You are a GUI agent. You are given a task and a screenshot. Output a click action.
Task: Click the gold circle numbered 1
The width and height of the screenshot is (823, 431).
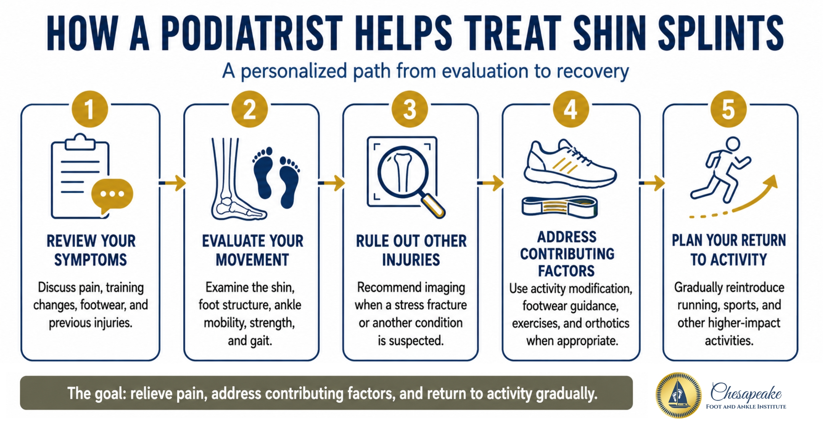pos(90,109)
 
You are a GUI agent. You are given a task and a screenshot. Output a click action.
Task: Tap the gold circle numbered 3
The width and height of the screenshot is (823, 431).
pos(410,109)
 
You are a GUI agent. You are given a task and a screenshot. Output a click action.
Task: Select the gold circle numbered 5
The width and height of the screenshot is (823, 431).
pos(728,109)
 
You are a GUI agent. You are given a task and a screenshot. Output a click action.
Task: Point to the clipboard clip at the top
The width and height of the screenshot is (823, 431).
pos(80,142)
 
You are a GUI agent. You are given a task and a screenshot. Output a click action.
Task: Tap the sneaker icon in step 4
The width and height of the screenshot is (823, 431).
pos(570,164)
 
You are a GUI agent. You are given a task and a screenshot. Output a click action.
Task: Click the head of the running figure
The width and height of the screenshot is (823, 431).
pos(733,144)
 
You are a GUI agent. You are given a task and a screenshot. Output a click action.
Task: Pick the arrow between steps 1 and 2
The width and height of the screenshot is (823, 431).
pos(172,183)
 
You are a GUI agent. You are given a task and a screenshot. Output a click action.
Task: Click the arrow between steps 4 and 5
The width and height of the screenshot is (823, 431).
pos(652,183)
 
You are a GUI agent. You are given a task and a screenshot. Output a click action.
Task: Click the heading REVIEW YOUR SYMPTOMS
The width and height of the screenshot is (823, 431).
pos(91,250)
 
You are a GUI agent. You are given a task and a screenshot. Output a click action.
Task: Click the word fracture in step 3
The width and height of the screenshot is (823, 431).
pos(446,305)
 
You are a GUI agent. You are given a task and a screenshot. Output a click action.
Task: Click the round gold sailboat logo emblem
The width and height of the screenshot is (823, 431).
pos(678,395)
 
